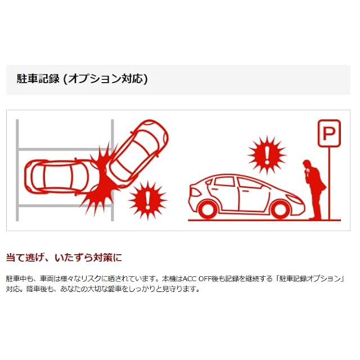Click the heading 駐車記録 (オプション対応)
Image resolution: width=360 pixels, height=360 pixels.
tap(82, 79)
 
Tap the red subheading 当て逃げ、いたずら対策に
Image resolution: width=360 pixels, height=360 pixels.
tap(64, 258)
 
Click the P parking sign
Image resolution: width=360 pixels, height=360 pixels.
tap(329, 133)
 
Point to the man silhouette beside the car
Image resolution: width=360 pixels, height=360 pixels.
tap(314, 188)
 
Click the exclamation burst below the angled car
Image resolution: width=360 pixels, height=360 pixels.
tap(147, 199)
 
